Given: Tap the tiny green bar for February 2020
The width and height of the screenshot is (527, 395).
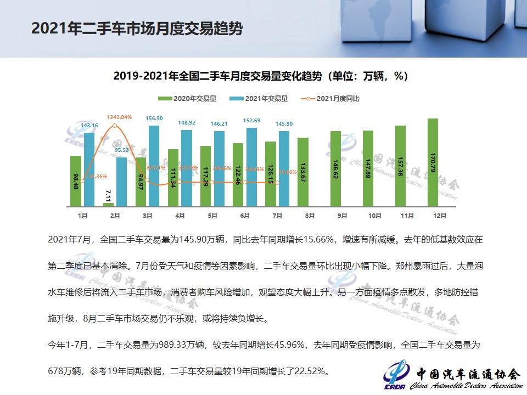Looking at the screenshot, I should (108, 205).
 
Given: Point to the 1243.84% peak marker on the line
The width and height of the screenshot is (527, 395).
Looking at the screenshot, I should (115, 126).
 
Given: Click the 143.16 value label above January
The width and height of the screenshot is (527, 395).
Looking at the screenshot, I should (88, 126).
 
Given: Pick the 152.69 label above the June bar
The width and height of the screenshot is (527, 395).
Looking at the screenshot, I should (251, 121).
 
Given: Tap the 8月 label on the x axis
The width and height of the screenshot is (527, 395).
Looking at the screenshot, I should (310, 216).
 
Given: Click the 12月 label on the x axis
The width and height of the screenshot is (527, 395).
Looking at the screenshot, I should (439, 216).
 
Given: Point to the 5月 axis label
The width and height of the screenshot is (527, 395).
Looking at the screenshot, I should (212, 216).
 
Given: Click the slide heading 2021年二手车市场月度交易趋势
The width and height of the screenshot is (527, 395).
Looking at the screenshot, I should (137, 29).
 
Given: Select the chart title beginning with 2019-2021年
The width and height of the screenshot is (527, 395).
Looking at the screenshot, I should (261, 76).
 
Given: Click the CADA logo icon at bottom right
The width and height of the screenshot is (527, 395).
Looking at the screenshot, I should (396, 374).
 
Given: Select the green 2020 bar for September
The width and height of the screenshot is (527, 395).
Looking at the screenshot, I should (335, 168).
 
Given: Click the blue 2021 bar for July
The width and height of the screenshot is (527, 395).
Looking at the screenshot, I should (284, 168).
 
